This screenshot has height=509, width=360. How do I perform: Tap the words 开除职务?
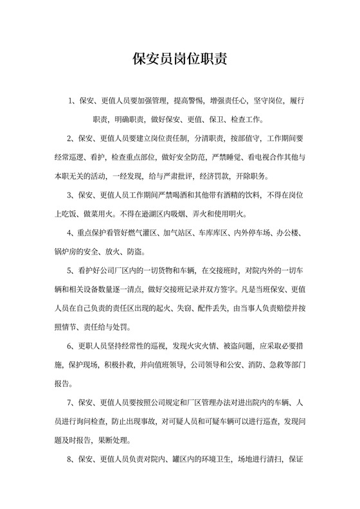pyautogui.click(x=256, y=175)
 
